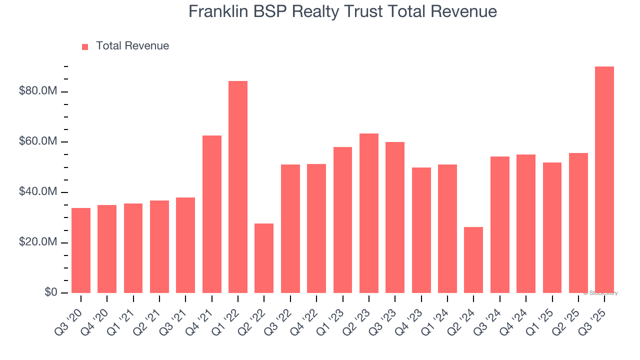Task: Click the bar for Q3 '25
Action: [x=604, y=180]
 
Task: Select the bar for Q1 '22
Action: [x=238, y=187]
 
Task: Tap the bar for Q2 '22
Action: [x=264, y=258]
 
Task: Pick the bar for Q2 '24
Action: [x=473, y=260]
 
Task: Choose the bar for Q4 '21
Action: [x=212, y=214]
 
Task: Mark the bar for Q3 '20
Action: [x=81, y=250]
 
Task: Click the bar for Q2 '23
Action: [x=369, y=213]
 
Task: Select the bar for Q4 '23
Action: [x=421, y=230]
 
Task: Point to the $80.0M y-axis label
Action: [x=38, y=91]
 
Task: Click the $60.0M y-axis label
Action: [x=38, y=142]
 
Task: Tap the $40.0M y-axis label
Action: [x=38, y=192]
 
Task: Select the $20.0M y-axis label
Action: [x=38, y=242]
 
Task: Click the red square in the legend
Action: [x=85, y=46]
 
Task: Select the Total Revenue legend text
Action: [x=132, y=46]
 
